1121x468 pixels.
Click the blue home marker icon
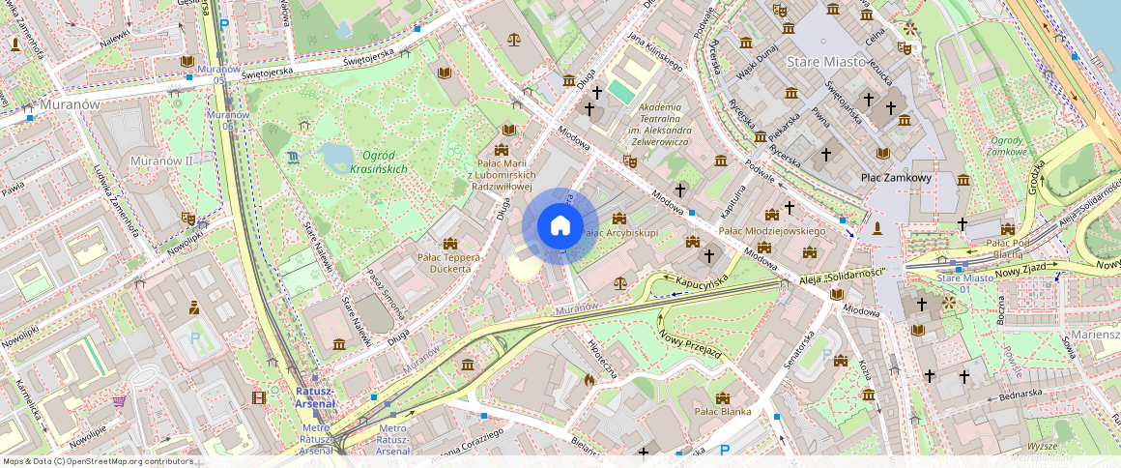pos(560,226)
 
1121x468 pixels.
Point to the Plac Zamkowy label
pos(896,178)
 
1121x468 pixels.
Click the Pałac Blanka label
pos(722,411)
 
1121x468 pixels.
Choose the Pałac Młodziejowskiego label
pos(772,231)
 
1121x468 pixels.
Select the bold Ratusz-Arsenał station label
pos(315,396)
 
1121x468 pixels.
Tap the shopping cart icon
pos(120,400)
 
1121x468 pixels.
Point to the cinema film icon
pos(258,396)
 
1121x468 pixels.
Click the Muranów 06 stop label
pos(220,120)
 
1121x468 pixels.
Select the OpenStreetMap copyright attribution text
pos(99,461)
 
